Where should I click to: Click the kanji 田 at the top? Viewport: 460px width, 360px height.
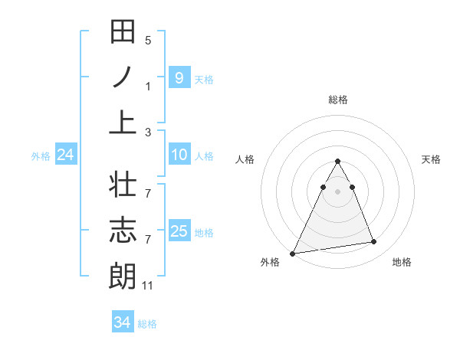pos(123,33)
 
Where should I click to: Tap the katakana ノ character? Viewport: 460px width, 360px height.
pos(123,77)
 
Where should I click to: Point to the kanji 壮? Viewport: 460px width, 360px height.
pos(123,186)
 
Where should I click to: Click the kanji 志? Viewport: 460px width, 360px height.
pos(123,231)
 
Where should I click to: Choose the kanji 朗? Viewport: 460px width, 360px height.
pos(123,275)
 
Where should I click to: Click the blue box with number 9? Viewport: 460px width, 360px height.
pos(179,77)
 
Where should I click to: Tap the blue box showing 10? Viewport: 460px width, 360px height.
pos(179,155)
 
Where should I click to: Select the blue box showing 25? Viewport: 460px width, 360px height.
pos(179,231)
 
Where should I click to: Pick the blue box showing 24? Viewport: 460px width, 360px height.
pos(66,155)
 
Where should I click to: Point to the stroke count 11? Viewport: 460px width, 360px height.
pos(148,286)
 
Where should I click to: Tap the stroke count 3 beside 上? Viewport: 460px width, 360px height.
pos(148,132)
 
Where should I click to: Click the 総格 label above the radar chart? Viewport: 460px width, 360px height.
pos(337,100)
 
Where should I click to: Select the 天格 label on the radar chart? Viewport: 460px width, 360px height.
pos(432,159)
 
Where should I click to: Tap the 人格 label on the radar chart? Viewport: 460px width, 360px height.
pos(245,159)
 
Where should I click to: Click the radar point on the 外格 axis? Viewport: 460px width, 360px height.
pos(293,253)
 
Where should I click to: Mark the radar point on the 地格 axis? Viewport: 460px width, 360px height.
pos(374,242)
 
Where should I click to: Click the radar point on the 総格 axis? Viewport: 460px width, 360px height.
pos(337,162)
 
